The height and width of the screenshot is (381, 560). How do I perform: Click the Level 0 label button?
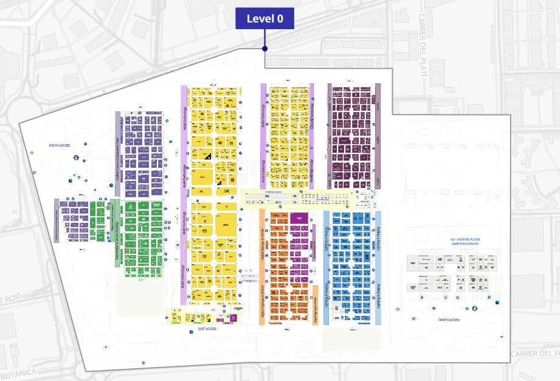[x=264, y=19]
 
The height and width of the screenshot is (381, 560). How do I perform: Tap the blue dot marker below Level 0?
[x=264, y=49]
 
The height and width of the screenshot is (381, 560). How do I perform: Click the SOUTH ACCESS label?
[x=60, y=145]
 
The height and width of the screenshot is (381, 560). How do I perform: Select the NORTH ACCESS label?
[x=449, y=320]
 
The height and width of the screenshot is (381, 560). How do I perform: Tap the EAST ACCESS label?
[x=207, y=329]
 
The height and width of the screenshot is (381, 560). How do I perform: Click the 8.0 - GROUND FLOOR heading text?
[x=465, y=240]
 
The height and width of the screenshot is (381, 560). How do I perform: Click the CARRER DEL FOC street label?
[x=534, y=354]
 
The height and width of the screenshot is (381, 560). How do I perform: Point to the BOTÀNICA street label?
[x=18, y=372]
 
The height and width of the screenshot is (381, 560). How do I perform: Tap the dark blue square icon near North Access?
[x=497, y=302]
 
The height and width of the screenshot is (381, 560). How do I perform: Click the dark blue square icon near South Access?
[x=75, y=158]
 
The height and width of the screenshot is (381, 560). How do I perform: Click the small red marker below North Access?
[x=502, y=336]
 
